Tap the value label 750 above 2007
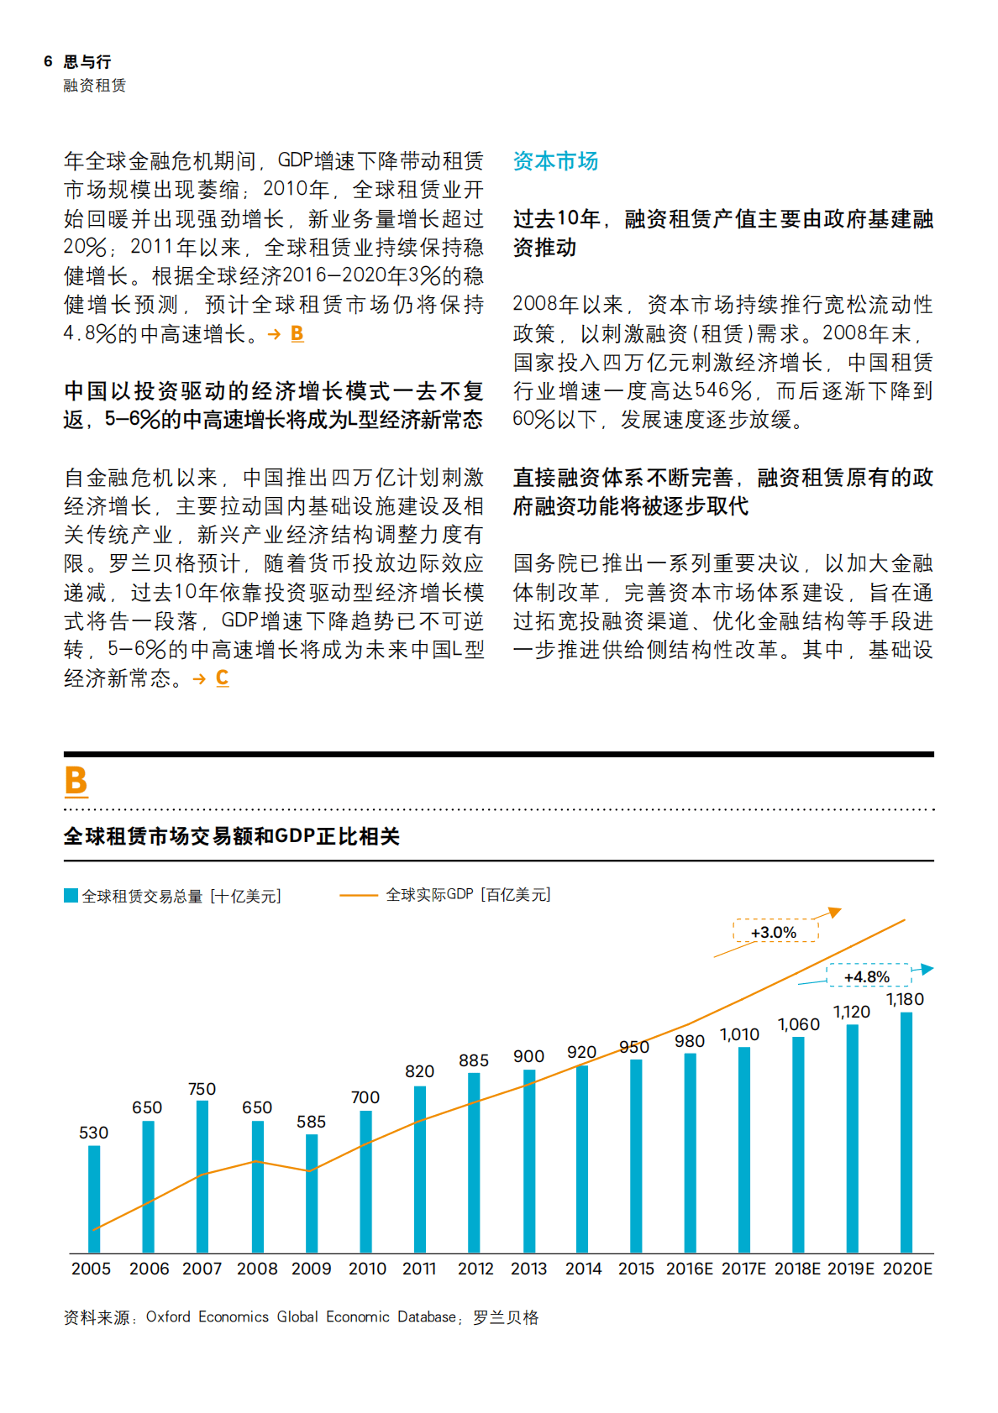pos(202,1089)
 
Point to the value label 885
pos(474,1060)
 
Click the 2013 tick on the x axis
pos(528,1269)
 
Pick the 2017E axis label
pos(743,1269)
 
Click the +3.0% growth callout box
pos(774,932)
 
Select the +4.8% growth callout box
pos(867,976)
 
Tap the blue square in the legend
pos(71,896)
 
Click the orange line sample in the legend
pos(358,895)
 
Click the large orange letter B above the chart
pos(76,781)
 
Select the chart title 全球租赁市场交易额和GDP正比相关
pos(232,836)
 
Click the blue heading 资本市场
pos(555,161)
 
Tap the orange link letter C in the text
pos(222,678)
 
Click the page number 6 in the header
pos(48,61)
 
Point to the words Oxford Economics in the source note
pos(207,1316)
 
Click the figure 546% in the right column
pos(722,390)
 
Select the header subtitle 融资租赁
pos(94,86)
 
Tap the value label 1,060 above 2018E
pos(798,1024)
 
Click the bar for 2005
pos(94,1199)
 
